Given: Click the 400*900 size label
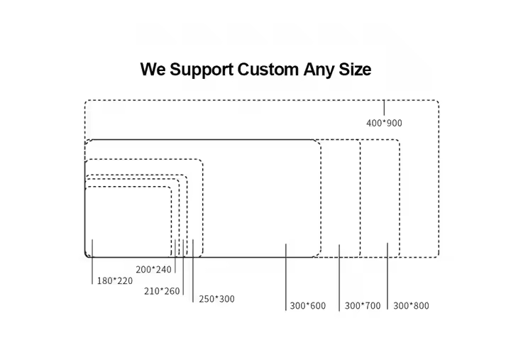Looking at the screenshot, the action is tap(384, 123).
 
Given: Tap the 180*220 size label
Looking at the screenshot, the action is tap(115, 280).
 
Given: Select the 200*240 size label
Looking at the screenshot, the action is tap(154, 269).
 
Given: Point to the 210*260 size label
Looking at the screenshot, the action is tap(162, 290).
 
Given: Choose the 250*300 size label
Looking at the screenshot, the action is tap(216, 299).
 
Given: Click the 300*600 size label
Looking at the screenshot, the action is tap(308, 306).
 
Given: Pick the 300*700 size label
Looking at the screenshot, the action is tap(363, 306).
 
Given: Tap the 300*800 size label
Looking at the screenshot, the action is tap(411, 306).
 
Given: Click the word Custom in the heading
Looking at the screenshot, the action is tap(268, 70).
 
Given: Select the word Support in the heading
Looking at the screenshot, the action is tap(200, 70).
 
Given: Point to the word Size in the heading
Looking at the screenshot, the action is tap(353, 70).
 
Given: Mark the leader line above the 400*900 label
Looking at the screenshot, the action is tap(384, 107).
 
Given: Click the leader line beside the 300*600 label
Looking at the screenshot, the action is tap(286, 277).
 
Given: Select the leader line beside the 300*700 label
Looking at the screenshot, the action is tap(339, 277).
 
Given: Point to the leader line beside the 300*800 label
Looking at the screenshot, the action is tap(388, 277).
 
